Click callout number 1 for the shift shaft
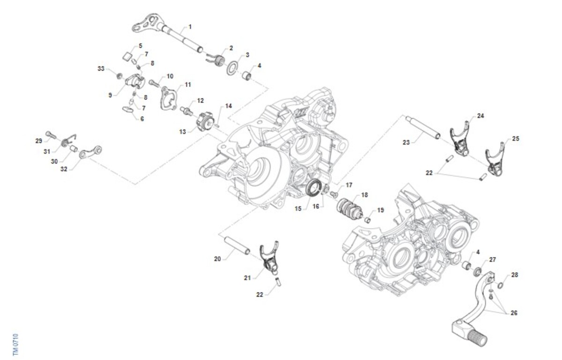click(x=190, y=27)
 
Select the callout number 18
click(x=364, y=195)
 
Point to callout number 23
click(x=406, y=142)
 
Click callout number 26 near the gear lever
click(x=515, y=313)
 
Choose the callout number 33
click(x=101, y=69)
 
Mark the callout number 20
click(x=217, y=258)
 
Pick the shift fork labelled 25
click(x=494, y=162)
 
